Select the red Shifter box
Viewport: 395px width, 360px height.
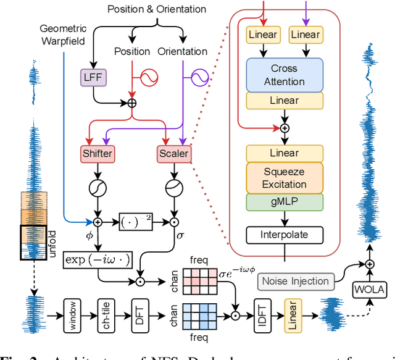(94, 153)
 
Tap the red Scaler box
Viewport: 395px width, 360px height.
(173, 153)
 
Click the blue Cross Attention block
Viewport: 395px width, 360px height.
(284, 75)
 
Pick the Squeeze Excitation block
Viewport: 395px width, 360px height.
(284, 178)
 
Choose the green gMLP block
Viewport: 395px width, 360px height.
(284, 203)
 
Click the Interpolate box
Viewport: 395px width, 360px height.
(284, 235)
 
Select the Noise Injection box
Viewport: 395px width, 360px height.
(295, 281)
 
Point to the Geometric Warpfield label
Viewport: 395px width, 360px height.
(64, 36)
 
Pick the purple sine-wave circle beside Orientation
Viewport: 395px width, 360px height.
(200, 78)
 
